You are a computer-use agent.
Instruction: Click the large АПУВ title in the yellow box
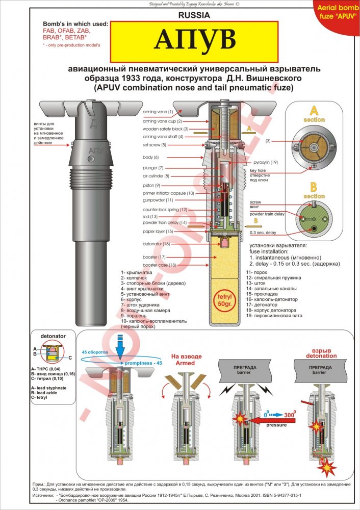pyautogui.click(x=194, y=40)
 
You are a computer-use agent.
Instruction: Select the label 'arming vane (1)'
pyautogui.click(x=158, y=111)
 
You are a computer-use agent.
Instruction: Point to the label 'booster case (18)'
pyautogui.click(x=159, y=265)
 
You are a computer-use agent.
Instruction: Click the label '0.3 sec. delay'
pyautogui.click(x=263, y=232)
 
